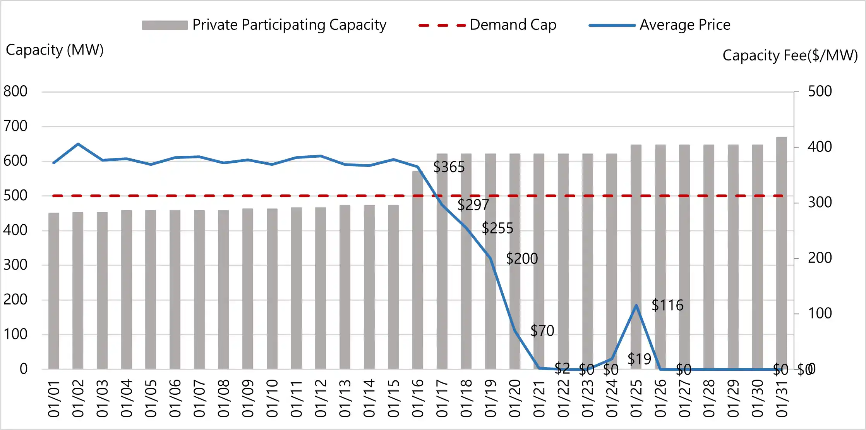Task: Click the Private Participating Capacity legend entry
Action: tap(264, 25)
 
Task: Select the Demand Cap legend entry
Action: tap(487, 25)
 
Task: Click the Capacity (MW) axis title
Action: tap(55, 50)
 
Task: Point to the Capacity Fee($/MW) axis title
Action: tap(790, 55)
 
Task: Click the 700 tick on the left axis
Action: tap(15, 126)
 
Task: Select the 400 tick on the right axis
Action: tap(820, 147)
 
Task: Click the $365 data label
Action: tap(449, 167)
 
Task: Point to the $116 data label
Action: tap(667, 305)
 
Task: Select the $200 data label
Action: tap(522, 259)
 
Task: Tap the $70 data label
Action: tap(542, 331)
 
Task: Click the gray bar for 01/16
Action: tap(418, 271)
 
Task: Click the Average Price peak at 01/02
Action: tap(78, 144)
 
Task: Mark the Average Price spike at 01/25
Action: tap(636, 305)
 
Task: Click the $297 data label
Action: tap(473, 205)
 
